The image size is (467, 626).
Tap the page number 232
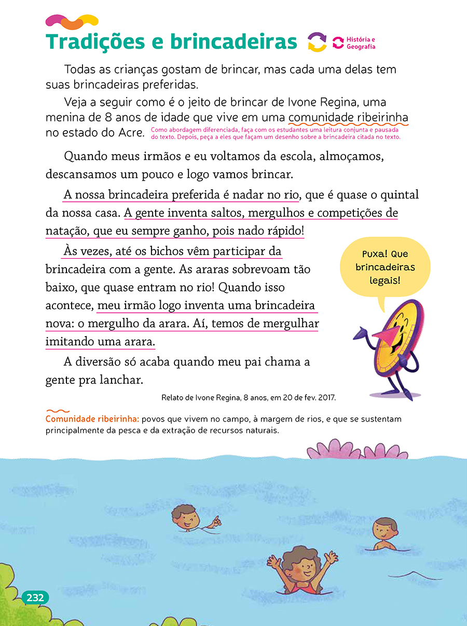35,597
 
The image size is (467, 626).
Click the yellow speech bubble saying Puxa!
385,267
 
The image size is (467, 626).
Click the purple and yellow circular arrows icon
317,42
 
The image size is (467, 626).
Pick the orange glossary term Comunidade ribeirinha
92,419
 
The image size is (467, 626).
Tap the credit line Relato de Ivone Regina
249,398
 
